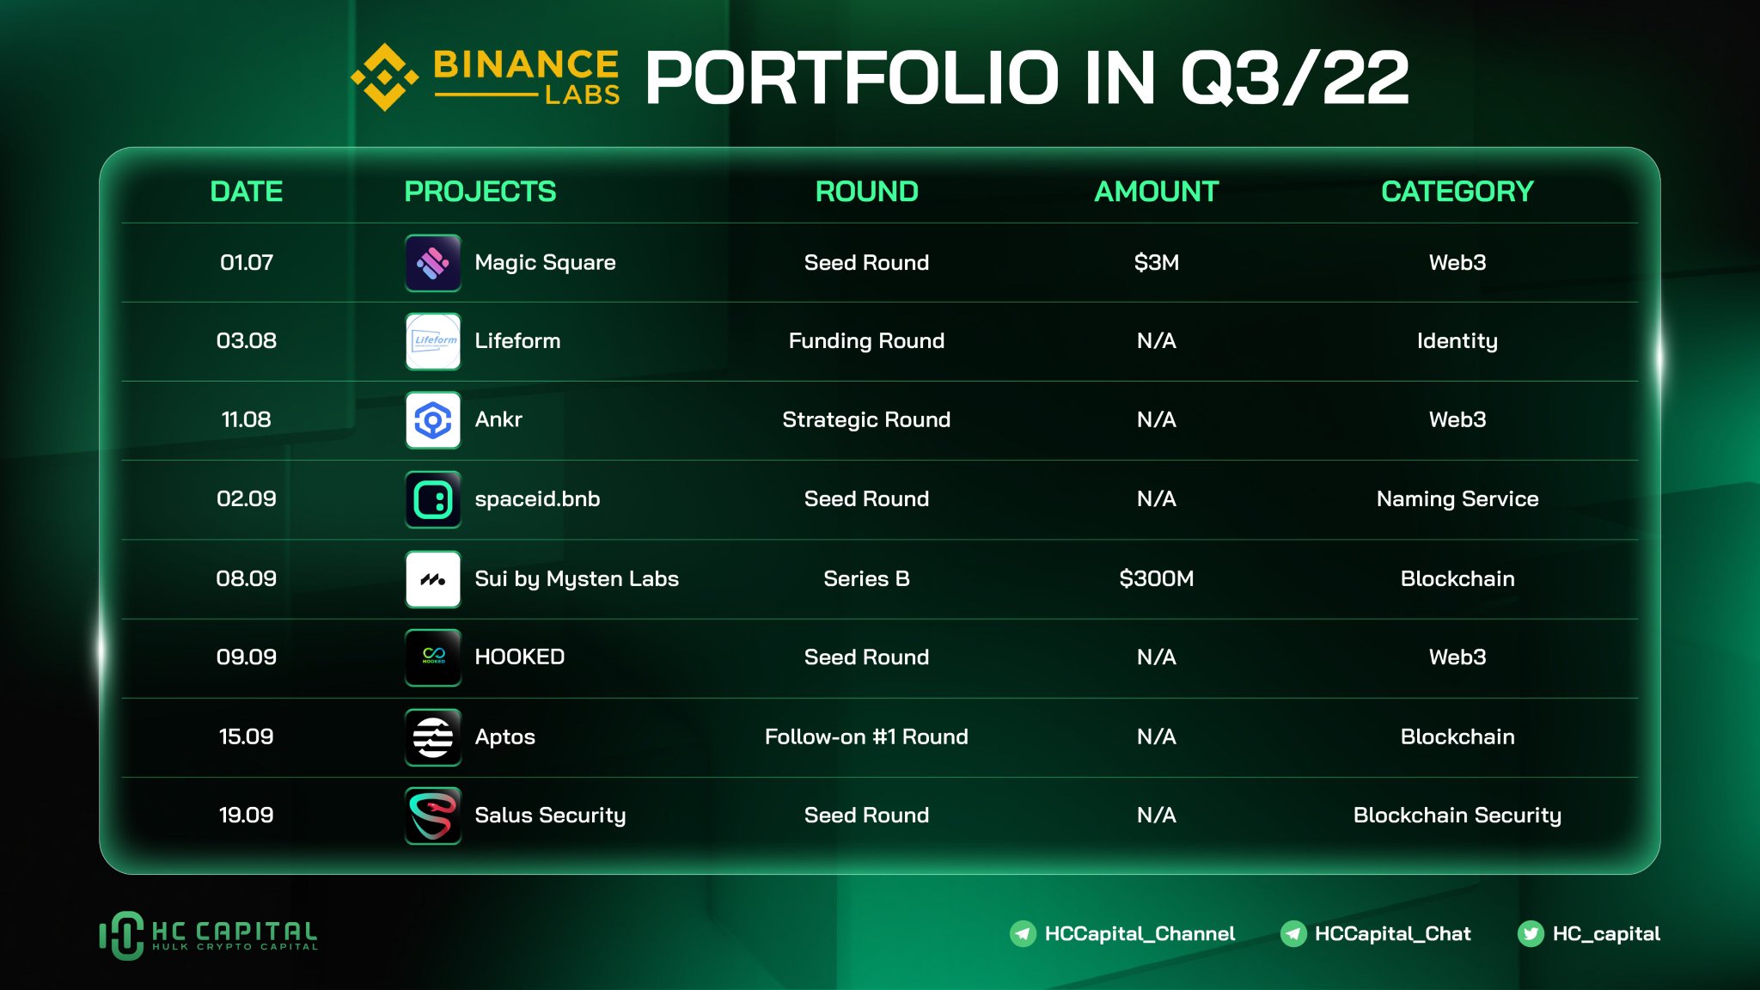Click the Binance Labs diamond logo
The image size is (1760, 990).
[384, 77]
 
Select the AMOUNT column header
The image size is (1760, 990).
[1156, 191]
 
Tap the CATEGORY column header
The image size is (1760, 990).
[1457, 191]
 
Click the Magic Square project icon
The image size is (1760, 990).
[433, 263]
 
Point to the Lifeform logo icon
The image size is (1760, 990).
[433, 341]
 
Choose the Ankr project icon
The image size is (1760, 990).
[433, 420]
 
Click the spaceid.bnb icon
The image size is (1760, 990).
[433, 499]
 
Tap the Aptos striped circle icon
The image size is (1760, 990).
[433, 736]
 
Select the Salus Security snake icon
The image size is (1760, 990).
[433, 816]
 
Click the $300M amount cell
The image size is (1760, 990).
[1156, 578]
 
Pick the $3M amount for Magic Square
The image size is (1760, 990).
[1156, 262]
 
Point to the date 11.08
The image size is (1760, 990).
[246, 419]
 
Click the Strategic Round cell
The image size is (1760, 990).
[866, 419]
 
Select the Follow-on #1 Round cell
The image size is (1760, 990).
[866, 736]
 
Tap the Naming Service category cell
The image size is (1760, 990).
[1457, 498]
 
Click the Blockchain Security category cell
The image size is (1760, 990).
[1457, 815]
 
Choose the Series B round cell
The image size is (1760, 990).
[866, 578]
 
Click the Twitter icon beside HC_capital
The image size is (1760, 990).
[1531, 933]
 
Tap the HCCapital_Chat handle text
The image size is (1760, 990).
[1392, 933]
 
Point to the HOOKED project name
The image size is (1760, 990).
[519, 657]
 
